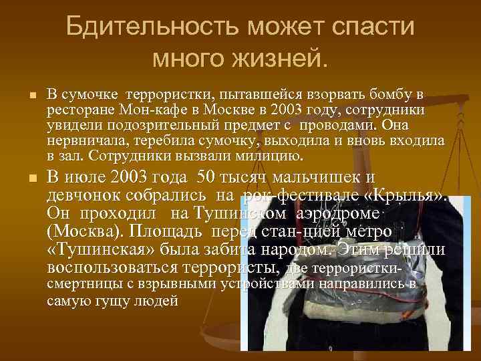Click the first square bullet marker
[30, 97]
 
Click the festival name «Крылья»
[408, 195]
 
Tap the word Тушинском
[237, 213]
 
